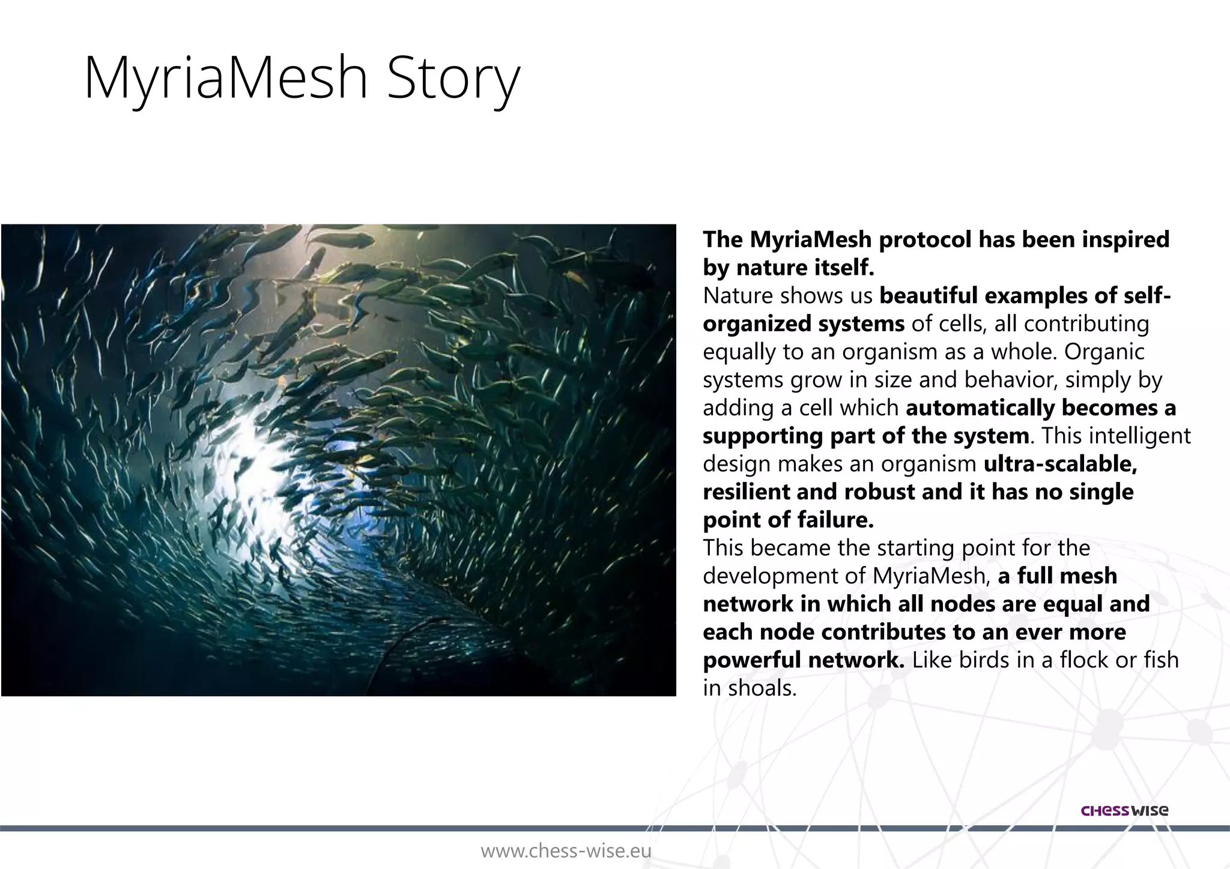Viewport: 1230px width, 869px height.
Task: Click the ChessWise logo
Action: click(1124, 811)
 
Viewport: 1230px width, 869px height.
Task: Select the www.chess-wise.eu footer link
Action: click(566, 851)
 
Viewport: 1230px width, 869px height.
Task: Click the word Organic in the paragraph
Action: click(1104, 352)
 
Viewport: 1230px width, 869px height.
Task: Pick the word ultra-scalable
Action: click(1060, 464)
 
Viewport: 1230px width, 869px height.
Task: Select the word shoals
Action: click(762, 688)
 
